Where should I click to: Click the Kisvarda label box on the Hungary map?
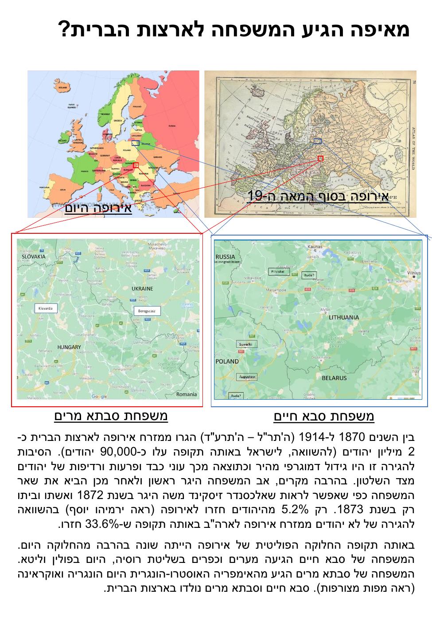point(46,308)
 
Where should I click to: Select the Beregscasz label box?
point(147,311)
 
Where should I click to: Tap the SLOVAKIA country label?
point(34,256)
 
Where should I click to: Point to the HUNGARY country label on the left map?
point(69,347)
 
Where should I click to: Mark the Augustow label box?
point(246,377)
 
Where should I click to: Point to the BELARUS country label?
point(335,378)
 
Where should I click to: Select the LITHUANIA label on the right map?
point(344,318)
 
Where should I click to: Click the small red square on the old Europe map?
point(320,158)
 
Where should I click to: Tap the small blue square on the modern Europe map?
point(135,143)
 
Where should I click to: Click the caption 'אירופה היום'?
point(98,208)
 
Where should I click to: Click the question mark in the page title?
point(65,30)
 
